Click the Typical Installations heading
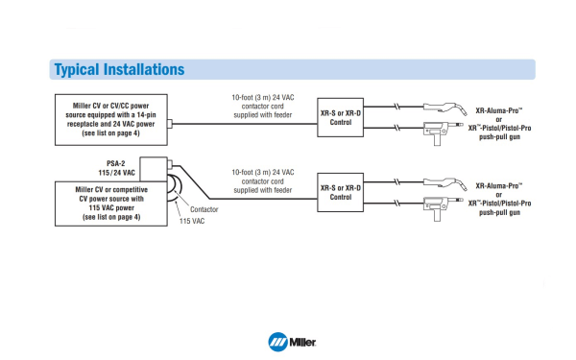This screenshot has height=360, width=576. click(119, 70)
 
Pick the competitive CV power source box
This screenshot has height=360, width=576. click(108, 204)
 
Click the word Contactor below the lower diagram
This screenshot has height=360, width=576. click(205, 208)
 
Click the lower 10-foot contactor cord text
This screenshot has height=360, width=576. click(259, 179)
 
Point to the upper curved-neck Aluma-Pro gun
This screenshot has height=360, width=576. click(444, 105)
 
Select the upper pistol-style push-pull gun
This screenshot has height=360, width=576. click(440, 132)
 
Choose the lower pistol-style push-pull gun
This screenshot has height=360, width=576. click(440, 204)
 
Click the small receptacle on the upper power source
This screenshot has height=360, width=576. click(169, 123)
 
